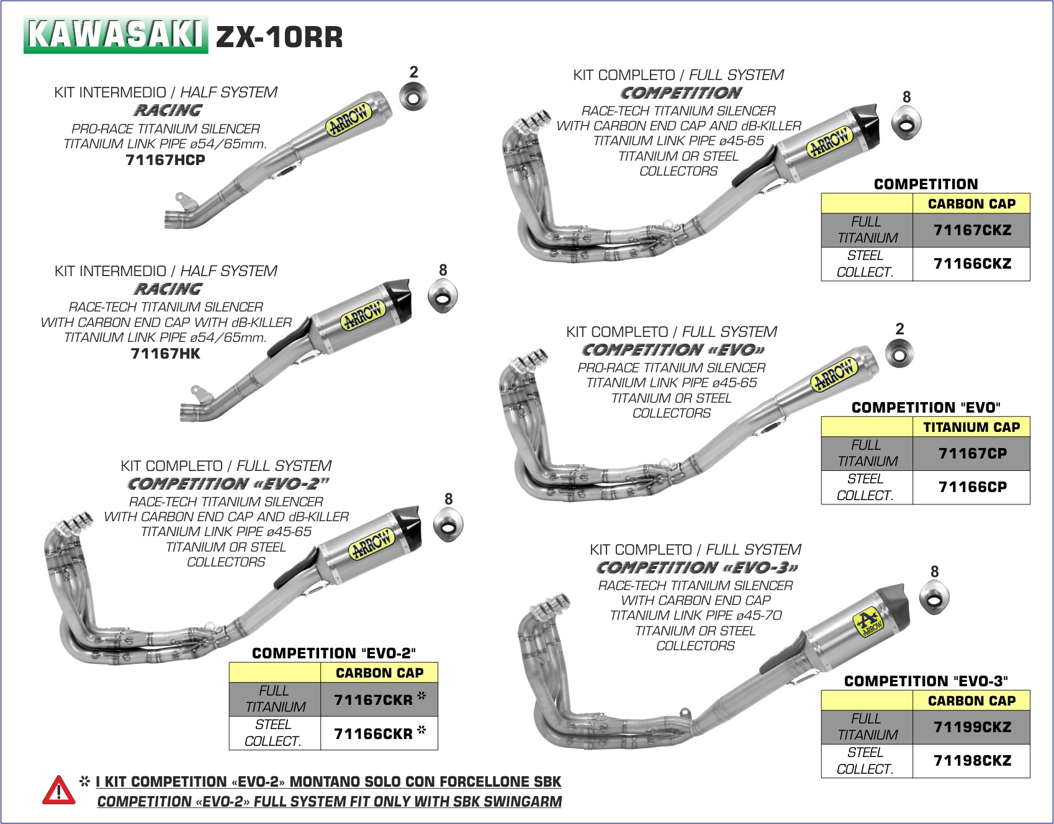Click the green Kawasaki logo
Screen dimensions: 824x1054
115,35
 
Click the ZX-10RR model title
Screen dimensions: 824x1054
279,37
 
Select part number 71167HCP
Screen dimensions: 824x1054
165,160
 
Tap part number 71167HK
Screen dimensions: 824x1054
166,354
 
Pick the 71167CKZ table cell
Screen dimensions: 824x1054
971,230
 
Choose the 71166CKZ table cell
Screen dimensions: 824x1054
971,264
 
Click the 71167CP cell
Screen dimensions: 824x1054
971,454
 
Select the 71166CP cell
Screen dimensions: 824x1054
971,487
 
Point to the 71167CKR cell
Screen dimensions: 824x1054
379,700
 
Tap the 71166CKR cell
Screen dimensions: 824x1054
379,733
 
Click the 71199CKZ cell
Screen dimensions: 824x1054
971,727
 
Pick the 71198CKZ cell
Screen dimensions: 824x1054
971,761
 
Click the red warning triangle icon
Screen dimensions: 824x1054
58,790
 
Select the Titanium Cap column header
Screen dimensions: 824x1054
971,427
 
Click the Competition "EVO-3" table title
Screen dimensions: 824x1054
926,681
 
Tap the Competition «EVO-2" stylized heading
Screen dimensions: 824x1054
228,483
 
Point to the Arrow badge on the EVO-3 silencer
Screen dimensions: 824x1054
868,623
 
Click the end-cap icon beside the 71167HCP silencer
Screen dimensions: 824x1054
413,97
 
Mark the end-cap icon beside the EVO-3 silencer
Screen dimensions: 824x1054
934,598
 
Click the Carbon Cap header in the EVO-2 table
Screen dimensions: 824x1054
379,673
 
